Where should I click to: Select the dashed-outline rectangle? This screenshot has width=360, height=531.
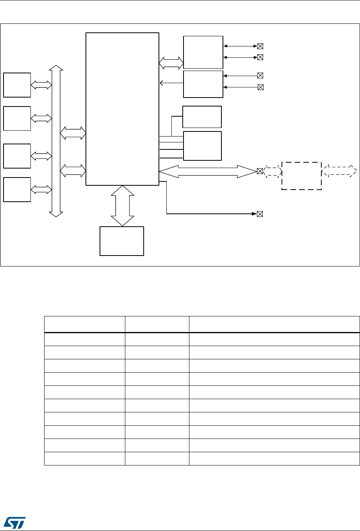point(301,176)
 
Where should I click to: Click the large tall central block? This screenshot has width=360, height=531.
point(122,109)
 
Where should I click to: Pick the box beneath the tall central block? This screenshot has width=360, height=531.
point(122,241)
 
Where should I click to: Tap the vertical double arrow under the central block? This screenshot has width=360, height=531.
point(122,206)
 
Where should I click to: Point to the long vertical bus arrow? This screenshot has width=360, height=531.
point(56,141)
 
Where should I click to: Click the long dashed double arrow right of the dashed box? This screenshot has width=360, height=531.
point(339,170)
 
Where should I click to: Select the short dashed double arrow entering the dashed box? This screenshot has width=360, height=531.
point(272,171)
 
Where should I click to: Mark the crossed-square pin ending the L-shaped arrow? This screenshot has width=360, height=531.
point(260,214)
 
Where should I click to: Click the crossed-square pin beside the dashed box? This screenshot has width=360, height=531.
point(260,171)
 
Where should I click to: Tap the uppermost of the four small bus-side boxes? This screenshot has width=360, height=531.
point(17,85)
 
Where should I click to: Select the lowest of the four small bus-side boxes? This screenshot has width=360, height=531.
point(17,189)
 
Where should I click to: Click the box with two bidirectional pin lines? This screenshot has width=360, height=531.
point(203,52)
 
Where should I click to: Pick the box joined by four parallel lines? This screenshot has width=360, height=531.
point(202,146)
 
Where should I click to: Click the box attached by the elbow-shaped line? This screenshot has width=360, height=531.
point(201,117)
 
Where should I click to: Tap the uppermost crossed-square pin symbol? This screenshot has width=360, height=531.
point(260,46)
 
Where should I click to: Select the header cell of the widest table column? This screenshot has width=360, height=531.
point(274,324)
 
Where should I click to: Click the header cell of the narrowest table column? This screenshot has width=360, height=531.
point(157,324)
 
